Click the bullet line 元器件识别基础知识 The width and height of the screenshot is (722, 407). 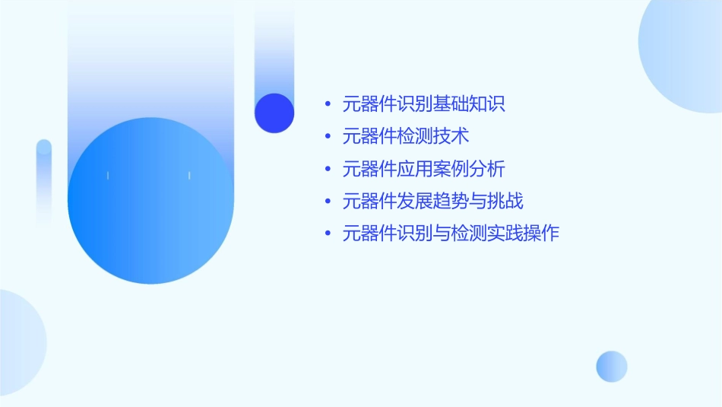(423, 104)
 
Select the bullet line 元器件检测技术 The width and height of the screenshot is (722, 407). (406, 136)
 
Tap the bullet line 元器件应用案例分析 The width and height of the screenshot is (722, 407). (423, 169)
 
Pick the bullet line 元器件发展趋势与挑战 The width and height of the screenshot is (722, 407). (432, 202)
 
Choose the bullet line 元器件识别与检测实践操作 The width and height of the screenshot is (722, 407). (451, 234)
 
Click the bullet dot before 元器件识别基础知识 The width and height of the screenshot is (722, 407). (328, 104)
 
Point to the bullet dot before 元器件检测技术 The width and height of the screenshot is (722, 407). (328, 137)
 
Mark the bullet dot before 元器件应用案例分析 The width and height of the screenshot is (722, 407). (328, 169)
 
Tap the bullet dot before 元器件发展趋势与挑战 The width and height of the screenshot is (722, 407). (328, 202)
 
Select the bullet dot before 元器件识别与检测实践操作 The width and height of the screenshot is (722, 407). (328, 234)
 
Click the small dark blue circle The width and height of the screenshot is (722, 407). (274, 113)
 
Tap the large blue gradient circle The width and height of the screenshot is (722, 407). (150, 201)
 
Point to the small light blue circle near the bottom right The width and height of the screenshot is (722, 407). (612, 366)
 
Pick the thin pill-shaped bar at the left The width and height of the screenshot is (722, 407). (44, 183)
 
